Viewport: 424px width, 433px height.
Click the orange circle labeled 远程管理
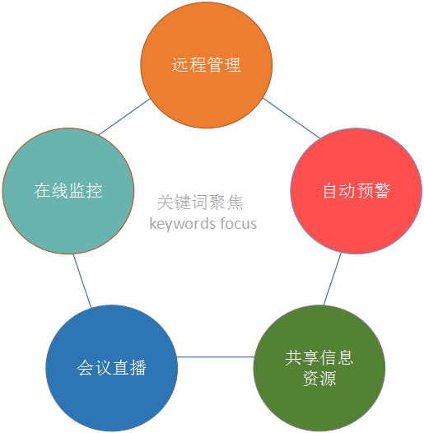(x=207, y=65)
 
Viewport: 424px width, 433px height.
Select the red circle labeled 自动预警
(x=356, y=191)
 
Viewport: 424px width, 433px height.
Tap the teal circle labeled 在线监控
(x=68, y=191)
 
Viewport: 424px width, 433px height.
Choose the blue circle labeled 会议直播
(x=112, y=368)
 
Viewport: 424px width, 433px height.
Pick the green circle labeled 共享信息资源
(x=319, y=368)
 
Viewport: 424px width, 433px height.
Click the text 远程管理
(x=207, y=65)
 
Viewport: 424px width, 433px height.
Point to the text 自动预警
(x=356, y=190)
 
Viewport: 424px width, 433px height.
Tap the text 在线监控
(x=68, y=190)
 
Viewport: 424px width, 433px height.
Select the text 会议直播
(x=112, y=367)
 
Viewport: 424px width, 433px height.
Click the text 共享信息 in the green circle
(x=319, y=357)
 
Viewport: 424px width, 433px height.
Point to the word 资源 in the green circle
(x=319, y=378)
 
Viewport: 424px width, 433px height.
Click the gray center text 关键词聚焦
(x=200, y=203)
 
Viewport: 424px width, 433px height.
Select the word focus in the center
(x=239, y=223)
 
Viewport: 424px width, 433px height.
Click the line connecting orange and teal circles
(x=124, y=117)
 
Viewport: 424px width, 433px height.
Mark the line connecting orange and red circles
(x=291, y=118)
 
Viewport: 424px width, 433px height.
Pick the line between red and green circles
(x=333, y=279)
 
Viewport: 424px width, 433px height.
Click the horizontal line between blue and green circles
(x=216, y=356)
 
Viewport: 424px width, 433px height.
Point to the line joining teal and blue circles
(x=82, y=281)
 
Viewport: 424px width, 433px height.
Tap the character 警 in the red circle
(x=383, y=190)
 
